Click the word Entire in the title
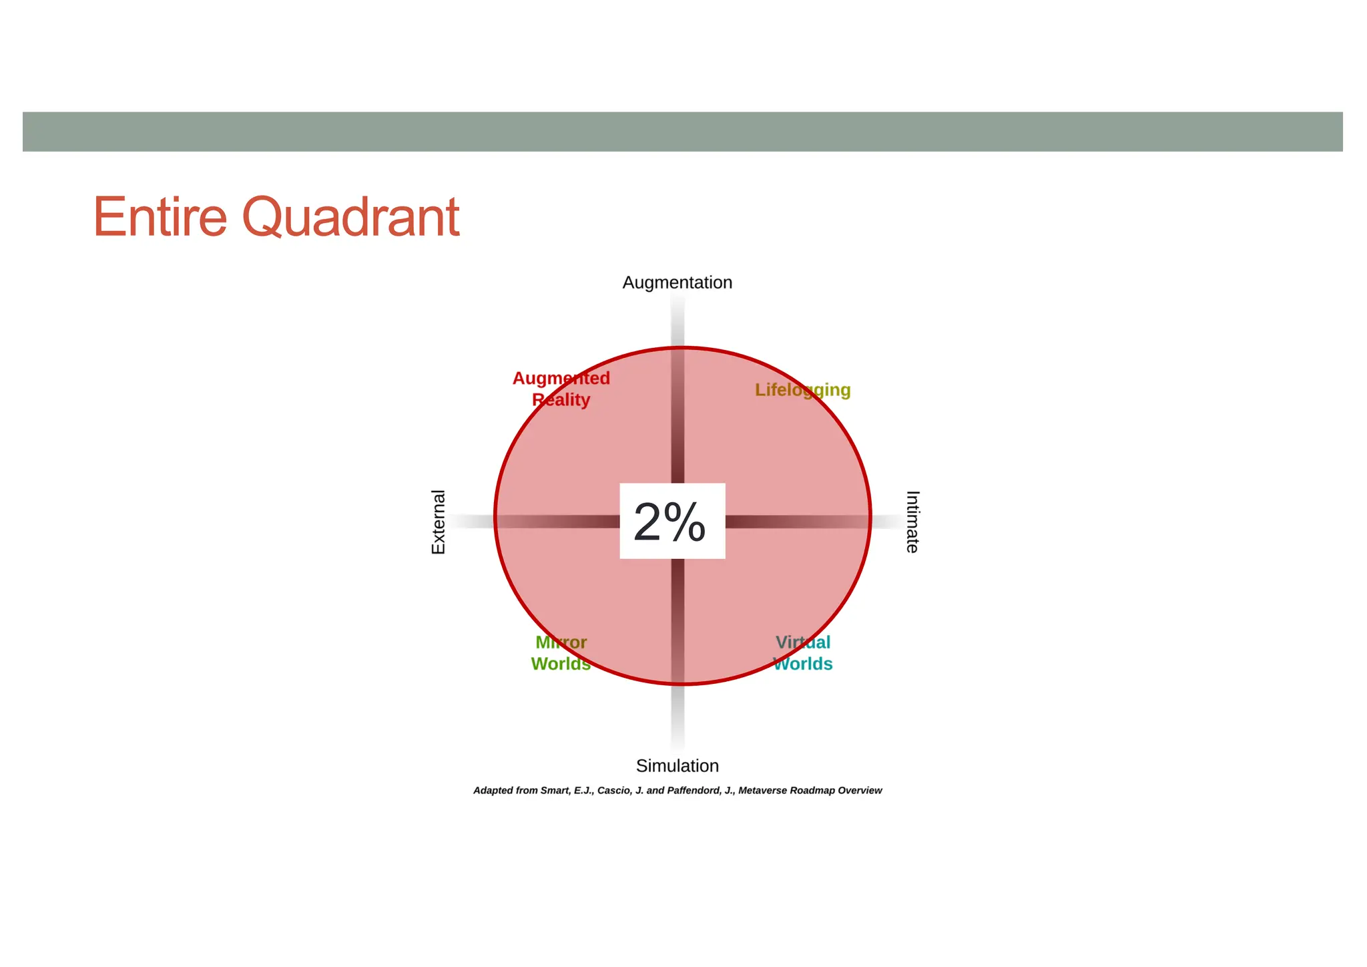[160, 217]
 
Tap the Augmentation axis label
[677, 282]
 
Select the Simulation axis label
[677, 766]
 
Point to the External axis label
[439, 522]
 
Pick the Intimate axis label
[912, 522]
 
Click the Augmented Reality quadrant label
[561, 389]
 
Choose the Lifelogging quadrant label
[802, 390]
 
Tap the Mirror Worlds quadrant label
[561, 653]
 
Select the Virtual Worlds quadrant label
[802, 653]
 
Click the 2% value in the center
[669, 522]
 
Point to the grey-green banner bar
[682, 132]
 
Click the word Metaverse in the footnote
[763, 791]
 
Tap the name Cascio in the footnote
[613, 791]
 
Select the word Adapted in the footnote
[493, 791]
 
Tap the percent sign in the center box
[686, 522]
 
